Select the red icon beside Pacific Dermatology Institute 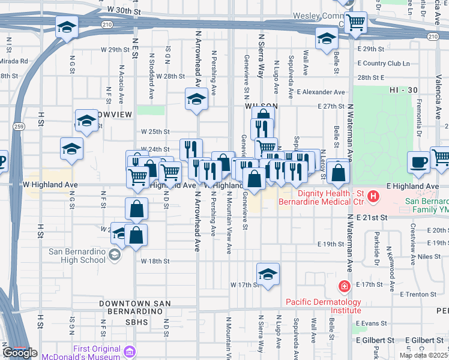(x=344, y=286)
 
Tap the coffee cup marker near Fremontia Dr (x=418, y=161)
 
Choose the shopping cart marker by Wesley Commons (x=356, y=23)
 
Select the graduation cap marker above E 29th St (x=327, y=40)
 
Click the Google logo (x=20, y=353)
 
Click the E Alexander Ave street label (x=321, y=92)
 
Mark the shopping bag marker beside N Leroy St (x=339, y=172)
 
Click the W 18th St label (x=155, y=262)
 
